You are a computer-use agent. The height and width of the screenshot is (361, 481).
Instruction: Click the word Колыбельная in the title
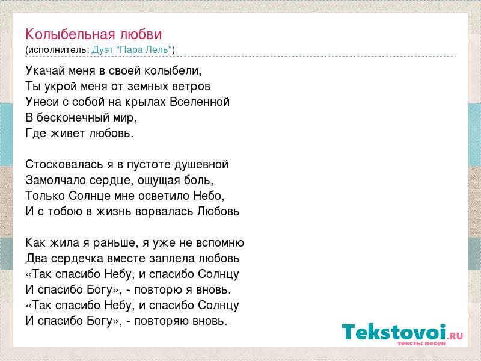click(x=70, y=34)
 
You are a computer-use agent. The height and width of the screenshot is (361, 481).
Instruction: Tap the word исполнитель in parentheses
click(x=58, y=50)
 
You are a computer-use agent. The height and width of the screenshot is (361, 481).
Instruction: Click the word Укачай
click(x=46, y=71)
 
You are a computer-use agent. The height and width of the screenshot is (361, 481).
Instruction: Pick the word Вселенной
click(x=200, y=102)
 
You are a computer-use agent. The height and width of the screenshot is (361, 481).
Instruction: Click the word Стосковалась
click(x=64, y=164)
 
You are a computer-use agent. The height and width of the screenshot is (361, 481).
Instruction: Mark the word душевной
click(x=201, y=164)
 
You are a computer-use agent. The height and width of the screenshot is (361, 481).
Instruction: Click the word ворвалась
click(x=164, y=212)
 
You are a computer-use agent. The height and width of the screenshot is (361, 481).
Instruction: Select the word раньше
click(x=115, y=243)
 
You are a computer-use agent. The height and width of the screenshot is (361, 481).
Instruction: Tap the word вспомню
click(x=219, y=243)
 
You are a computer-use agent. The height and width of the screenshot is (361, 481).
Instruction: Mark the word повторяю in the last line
click(x=161, y=321)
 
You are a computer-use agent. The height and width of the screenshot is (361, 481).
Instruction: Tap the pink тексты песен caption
click(x=421, y=343)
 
